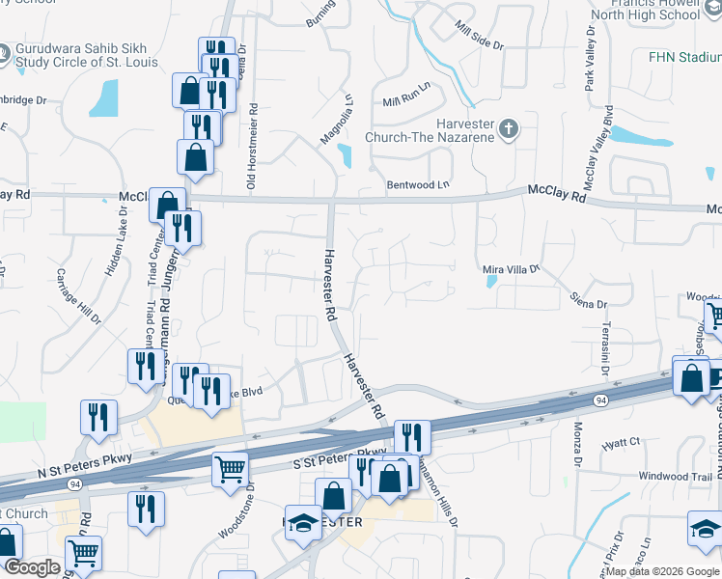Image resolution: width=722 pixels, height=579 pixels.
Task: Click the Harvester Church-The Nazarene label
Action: pyautogui.click(x=430, y=130)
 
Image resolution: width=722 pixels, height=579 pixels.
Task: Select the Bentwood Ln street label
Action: pyautogui.click(x=418, y=184)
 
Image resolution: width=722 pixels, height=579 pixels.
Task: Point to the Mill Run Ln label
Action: pyautogui.click(x=404, y=100)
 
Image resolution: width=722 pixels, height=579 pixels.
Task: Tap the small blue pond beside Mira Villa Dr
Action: pyautogui.click(x=492, y=283)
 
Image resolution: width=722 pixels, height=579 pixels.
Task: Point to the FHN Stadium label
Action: pyautogui.click(x=685, y=57)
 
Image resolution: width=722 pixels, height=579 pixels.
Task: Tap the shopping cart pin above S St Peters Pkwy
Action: pyautogui.click(x=231, y=469)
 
